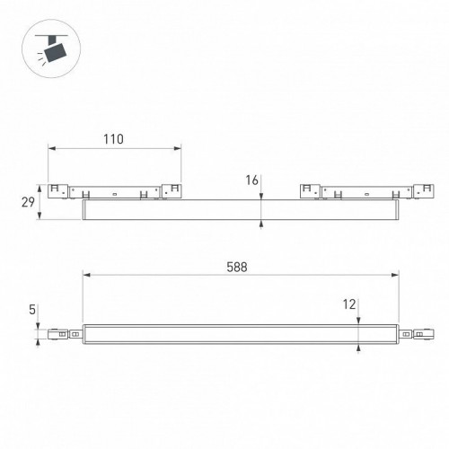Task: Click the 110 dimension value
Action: pyautogui.click(x=112, y=139)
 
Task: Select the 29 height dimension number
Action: pyautogui.click(x=28, y=202)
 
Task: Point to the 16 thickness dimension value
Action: pyautogui.click(x=251, y=180)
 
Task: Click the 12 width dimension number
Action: pyautogui.click(x=350, y=304)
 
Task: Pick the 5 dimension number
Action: pyautogui.click(x=32, y=310)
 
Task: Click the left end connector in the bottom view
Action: pyautogui.click(x=66, y=334)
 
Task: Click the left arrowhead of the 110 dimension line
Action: pyautogui.click(x=51, y=149)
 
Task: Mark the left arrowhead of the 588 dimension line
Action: pyautogui.click(x=86, y=277)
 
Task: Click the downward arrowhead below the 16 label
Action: pyautogui.click(x=260, y=198)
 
